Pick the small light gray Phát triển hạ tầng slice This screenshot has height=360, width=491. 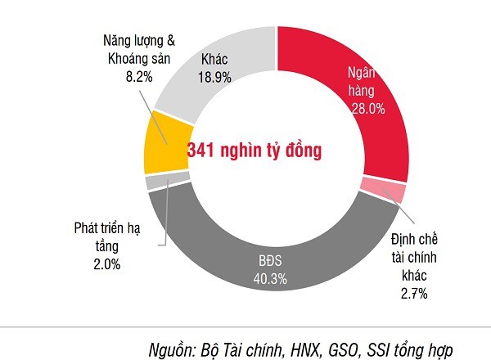[155, 182]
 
